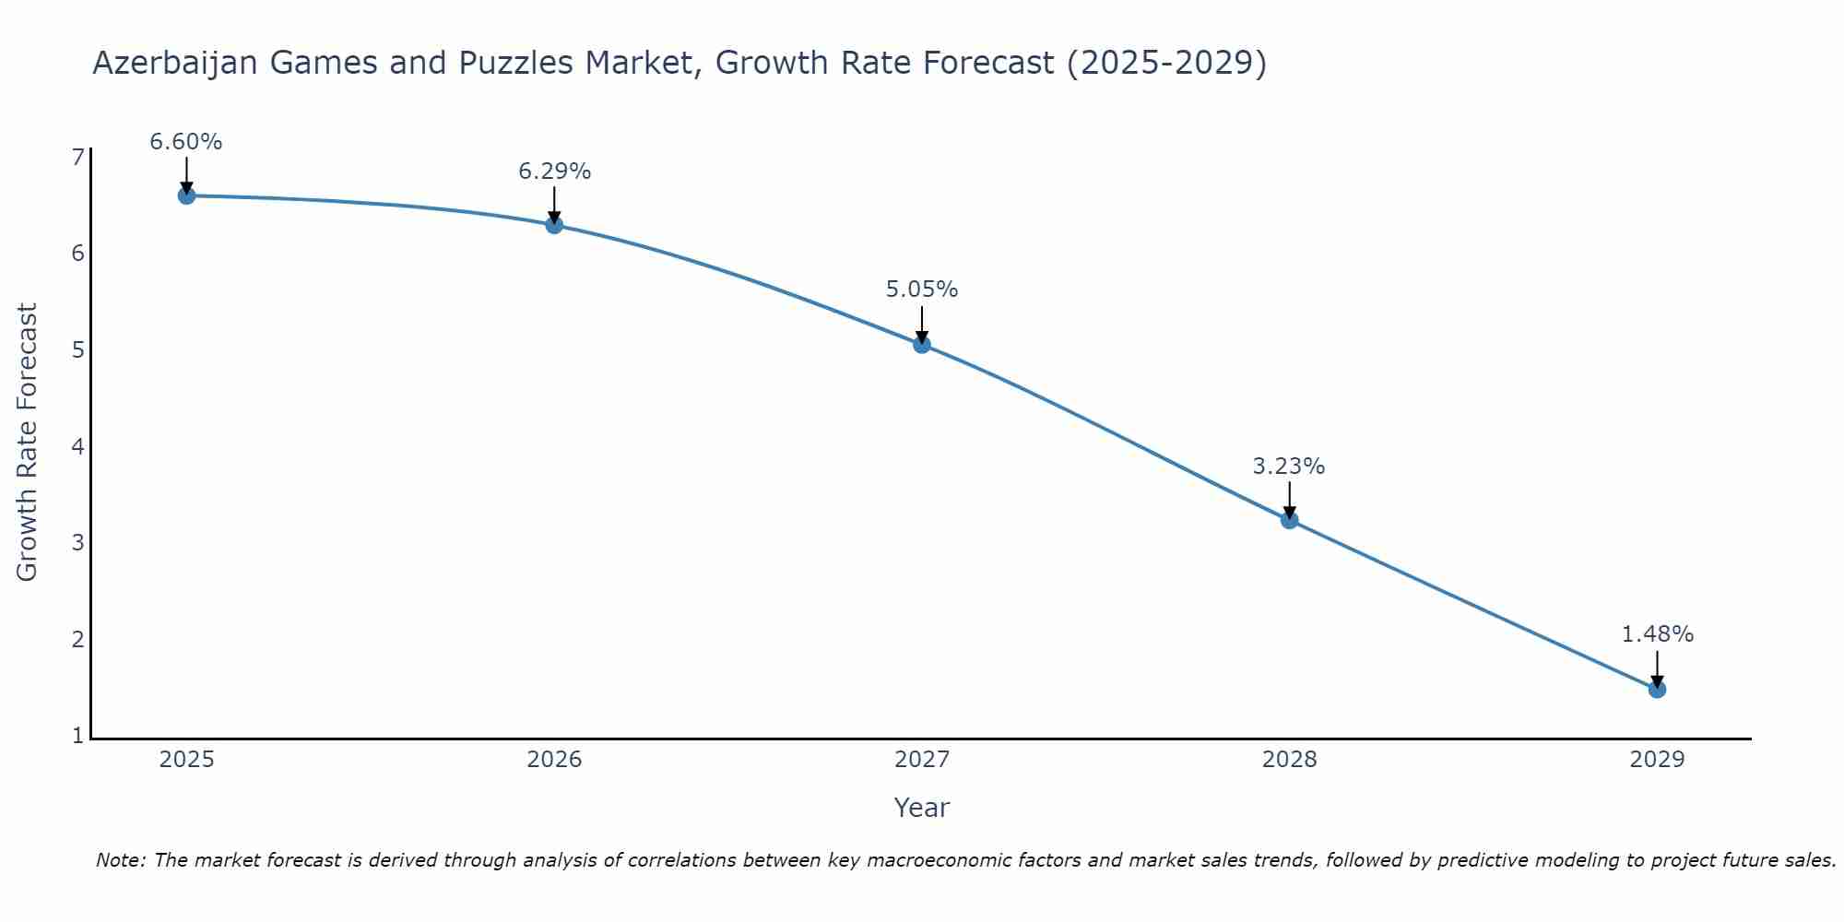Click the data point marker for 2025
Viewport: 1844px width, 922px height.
(186, 195)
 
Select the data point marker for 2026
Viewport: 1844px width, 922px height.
(554, 225)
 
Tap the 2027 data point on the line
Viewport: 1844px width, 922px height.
(922, 345)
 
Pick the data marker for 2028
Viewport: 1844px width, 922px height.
(1289, 520)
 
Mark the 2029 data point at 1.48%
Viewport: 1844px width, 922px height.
(1657, 689)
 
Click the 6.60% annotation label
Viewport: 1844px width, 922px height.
(186, 142)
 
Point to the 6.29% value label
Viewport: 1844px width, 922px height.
(554, 171)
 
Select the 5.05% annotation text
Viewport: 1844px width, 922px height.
(922, 290)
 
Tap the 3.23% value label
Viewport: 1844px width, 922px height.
(1289, 467)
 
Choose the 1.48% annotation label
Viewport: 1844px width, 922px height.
(1657, 634)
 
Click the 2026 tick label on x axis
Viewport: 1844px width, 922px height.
(554, 760)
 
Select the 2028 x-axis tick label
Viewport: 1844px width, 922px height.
(1289, 760)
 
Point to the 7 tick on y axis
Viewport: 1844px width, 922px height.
(77, 158)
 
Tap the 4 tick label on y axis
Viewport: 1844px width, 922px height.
(77, 447)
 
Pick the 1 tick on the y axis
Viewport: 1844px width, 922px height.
(77, 736)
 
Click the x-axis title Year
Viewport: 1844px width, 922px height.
(922, 808)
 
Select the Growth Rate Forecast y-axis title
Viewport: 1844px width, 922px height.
(28, 443)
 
